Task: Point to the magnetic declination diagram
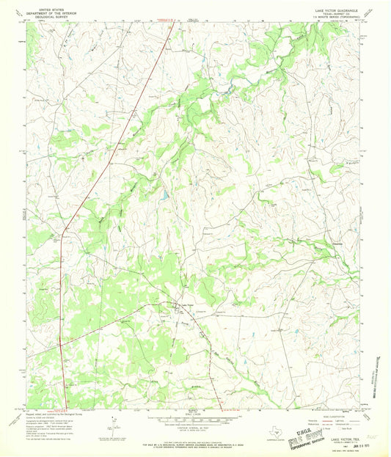[112, 423]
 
